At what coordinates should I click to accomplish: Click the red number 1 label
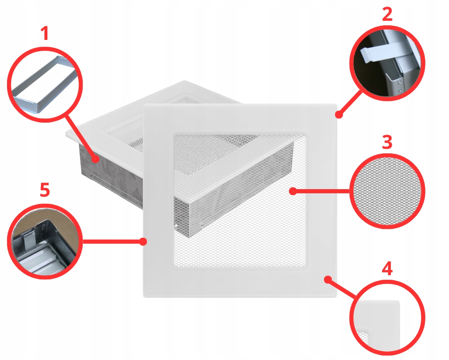coord(44,33)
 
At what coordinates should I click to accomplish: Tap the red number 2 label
coord(387,14)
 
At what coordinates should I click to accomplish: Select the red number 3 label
coord(387,142)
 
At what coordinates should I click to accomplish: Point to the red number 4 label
coord(387,269)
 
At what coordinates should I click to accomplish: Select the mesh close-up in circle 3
coord(387,191)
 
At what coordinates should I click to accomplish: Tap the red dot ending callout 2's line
coord(339,115)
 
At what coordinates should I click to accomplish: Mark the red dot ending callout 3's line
coord(293,191)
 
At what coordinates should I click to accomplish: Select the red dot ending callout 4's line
coord(328,279)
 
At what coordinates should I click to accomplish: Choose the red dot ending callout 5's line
coord(143,242)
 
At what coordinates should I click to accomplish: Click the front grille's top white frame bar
coord(240,119)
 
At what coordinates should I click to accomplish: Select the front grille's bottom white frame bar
coord(240,282)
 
